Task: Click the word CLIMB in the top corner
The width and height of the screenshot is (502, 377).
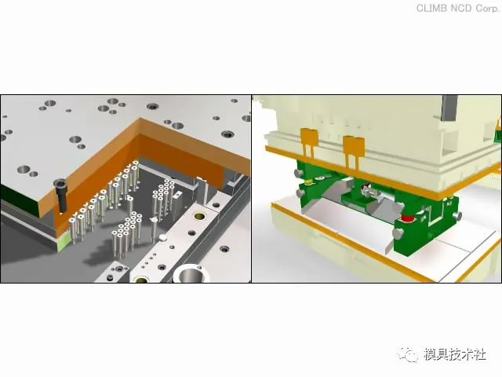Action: [432, 8]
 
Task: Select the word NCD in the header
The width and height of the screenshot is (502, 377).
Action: [461, 8]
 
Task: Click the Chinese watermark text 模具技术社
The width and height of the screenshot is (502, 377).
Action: [455, 354]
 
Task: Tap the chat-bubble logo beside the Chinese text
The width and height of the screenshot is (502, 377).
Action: [408, 354]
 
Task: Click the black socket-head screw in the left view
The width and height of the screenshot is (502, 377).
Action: [61, 196]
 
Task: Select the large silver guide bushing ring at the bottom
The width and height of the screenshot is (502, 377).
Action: [191, 274]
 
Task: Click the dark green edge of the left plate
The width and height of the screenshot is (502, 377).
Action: [20, 195]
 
